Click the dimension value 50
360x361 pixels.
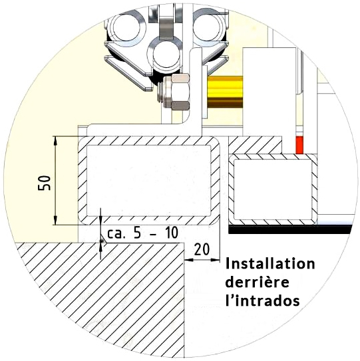pyautogui.click(x=44, y=183)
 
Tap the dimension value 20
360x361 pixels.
pyautogui.click(x=202, y=249)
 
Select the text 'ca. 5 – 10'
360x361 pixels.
pyautogui.click(x=142, y=233)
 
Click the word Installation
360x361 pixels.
pyautogui.click(x=270, y=263)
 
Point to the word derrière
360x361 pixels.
pyautogui.click(x=258, y=282)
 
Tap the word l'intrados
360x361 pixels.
pyautogui.click(x=263, y=300)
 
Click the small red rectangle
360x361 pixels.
pyautogui.click(x=299, y=145)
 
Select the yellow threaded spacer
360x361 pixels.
pyautogui.click(x=225, y=92)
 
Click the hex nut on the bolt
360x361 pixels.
pyautogui.click(x=180, y=92)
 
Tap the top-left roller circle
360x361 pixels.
pyautogui.click(x=126, y=28)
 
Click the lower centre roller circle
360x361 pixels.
pyautogui.click(x=166, y=55)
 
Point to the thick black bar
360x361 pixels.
pyautogui.click(x=290, y=229)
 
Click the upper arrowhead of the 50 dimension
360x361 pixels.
pyautogui.click(x=55, y=140)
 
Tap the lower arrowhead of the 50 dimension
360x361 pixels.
pyautogui.click(x=55, y=220)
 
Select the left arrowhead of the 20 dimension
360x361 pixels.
pyautogui.click(x=189, y=260)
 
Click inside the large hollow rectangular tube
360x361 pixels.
pyautogui.click(x=148, y=181)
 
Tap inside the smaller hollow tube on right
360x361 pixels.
pyautogui.click(x=273, y=189)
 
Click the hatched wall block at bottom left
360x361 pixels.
pyautogui.click(x=101, y=297)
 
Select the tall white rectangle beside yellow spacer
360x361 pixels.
pyautogui.click(x=270, y=92)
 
